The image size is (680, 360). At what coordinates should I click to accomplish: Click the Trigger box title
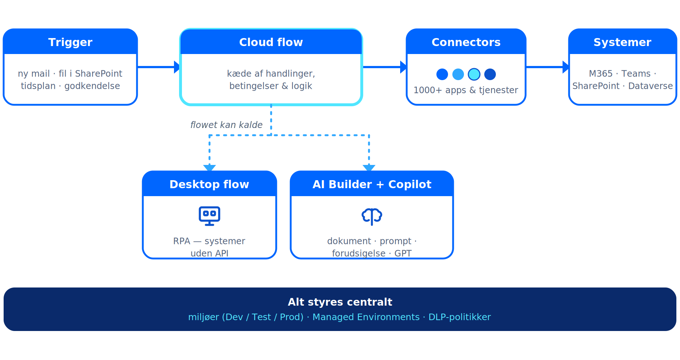pos(70,42)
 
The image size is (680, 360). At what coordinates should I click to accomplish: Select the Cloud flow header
pos(271,42)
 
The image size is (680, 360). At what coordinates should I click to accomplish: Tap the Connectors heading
pos(466,42)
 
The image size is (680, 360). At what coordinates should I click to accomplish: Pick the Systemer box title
pos(622,42)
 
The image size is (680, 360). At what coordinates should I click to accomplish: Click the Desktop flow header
pos(210,184)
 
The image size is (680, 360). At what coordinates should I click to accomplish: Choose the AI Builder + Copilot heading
pos(372,184)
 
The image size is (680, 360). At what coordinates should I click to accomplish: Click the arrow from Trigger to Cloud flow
pos(159,67)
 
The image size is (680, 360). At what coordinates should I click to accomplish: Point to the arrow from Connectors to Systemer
pos(548,67)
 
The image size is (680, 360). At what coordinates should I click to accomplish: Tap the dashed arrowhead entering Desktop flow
pos(210,168)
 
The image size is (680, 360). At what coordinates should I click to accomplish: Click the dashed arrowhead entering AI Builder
pos(369,168)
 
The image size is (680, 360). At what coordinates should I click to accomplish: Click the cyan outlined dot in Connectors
pos(474,74)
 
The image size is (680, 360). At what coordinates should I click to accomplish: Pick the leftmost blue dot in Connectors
pos(442,74)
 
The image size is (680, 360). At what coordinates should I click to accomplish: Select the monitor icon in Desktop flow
pos(210,216)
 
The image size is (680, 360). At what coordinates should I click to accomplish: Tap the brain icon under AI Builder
pos(372,216)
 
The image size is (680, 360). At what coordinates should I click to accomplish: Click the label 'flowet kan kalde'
pos(227,125)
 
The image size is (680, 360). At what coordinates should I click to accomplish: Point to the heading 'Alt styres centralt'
pos(340,302)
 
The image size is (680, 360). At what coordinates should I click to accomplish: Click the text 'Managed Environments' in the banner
pos(366,317)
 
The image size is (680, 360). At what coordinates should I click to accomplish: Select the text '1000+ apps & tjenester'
pos(466,90)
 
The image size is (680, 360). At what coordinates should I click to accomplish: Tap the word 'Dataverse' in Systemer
pos(651,86)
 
